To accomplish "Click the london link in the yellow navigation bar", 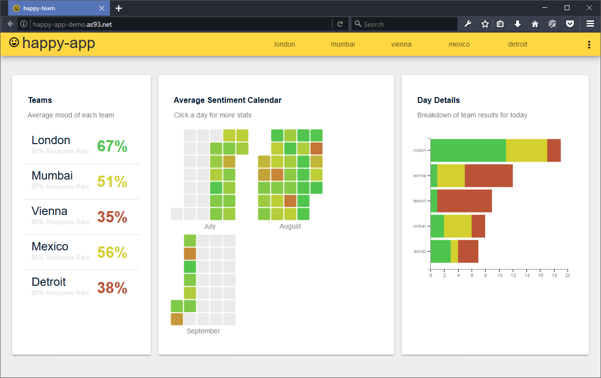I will (x=285, y=44).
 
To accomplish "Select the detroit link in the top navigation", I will (x=517, y=44).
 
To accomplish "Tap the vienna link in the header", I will (x=401, y=44).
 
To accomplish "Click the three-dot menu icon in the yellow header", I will (x=589, y=45).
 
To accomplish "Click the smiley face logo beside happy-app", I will (x=14, y=43).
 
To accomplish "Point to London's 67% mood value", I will (x=112, y=146).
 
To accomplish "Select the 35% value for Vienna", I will (x=112, y=217).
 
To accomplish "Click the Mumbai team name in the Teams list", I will (x=52, y=176).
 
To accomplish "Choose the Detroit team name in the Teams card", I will (x=48, y=282).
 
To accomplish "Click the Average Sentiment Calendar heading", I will (x=227, y=100).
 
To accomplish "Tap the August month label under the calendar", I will (x=290, y=226).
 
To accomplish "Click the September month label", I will (x=203, y=331).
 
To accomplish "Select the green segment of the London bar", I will (x=468, y=150).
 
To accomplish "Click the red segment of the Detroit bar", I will (x=464, y=201).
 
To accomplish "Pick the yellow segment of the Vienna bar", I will (x=451, y=176).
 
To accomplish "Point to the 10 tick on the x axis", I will (x=500, y=275).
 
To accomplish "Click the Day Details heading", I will (x=438, y=100).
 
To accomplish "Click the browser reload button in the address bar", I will (x=340, y=24).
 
